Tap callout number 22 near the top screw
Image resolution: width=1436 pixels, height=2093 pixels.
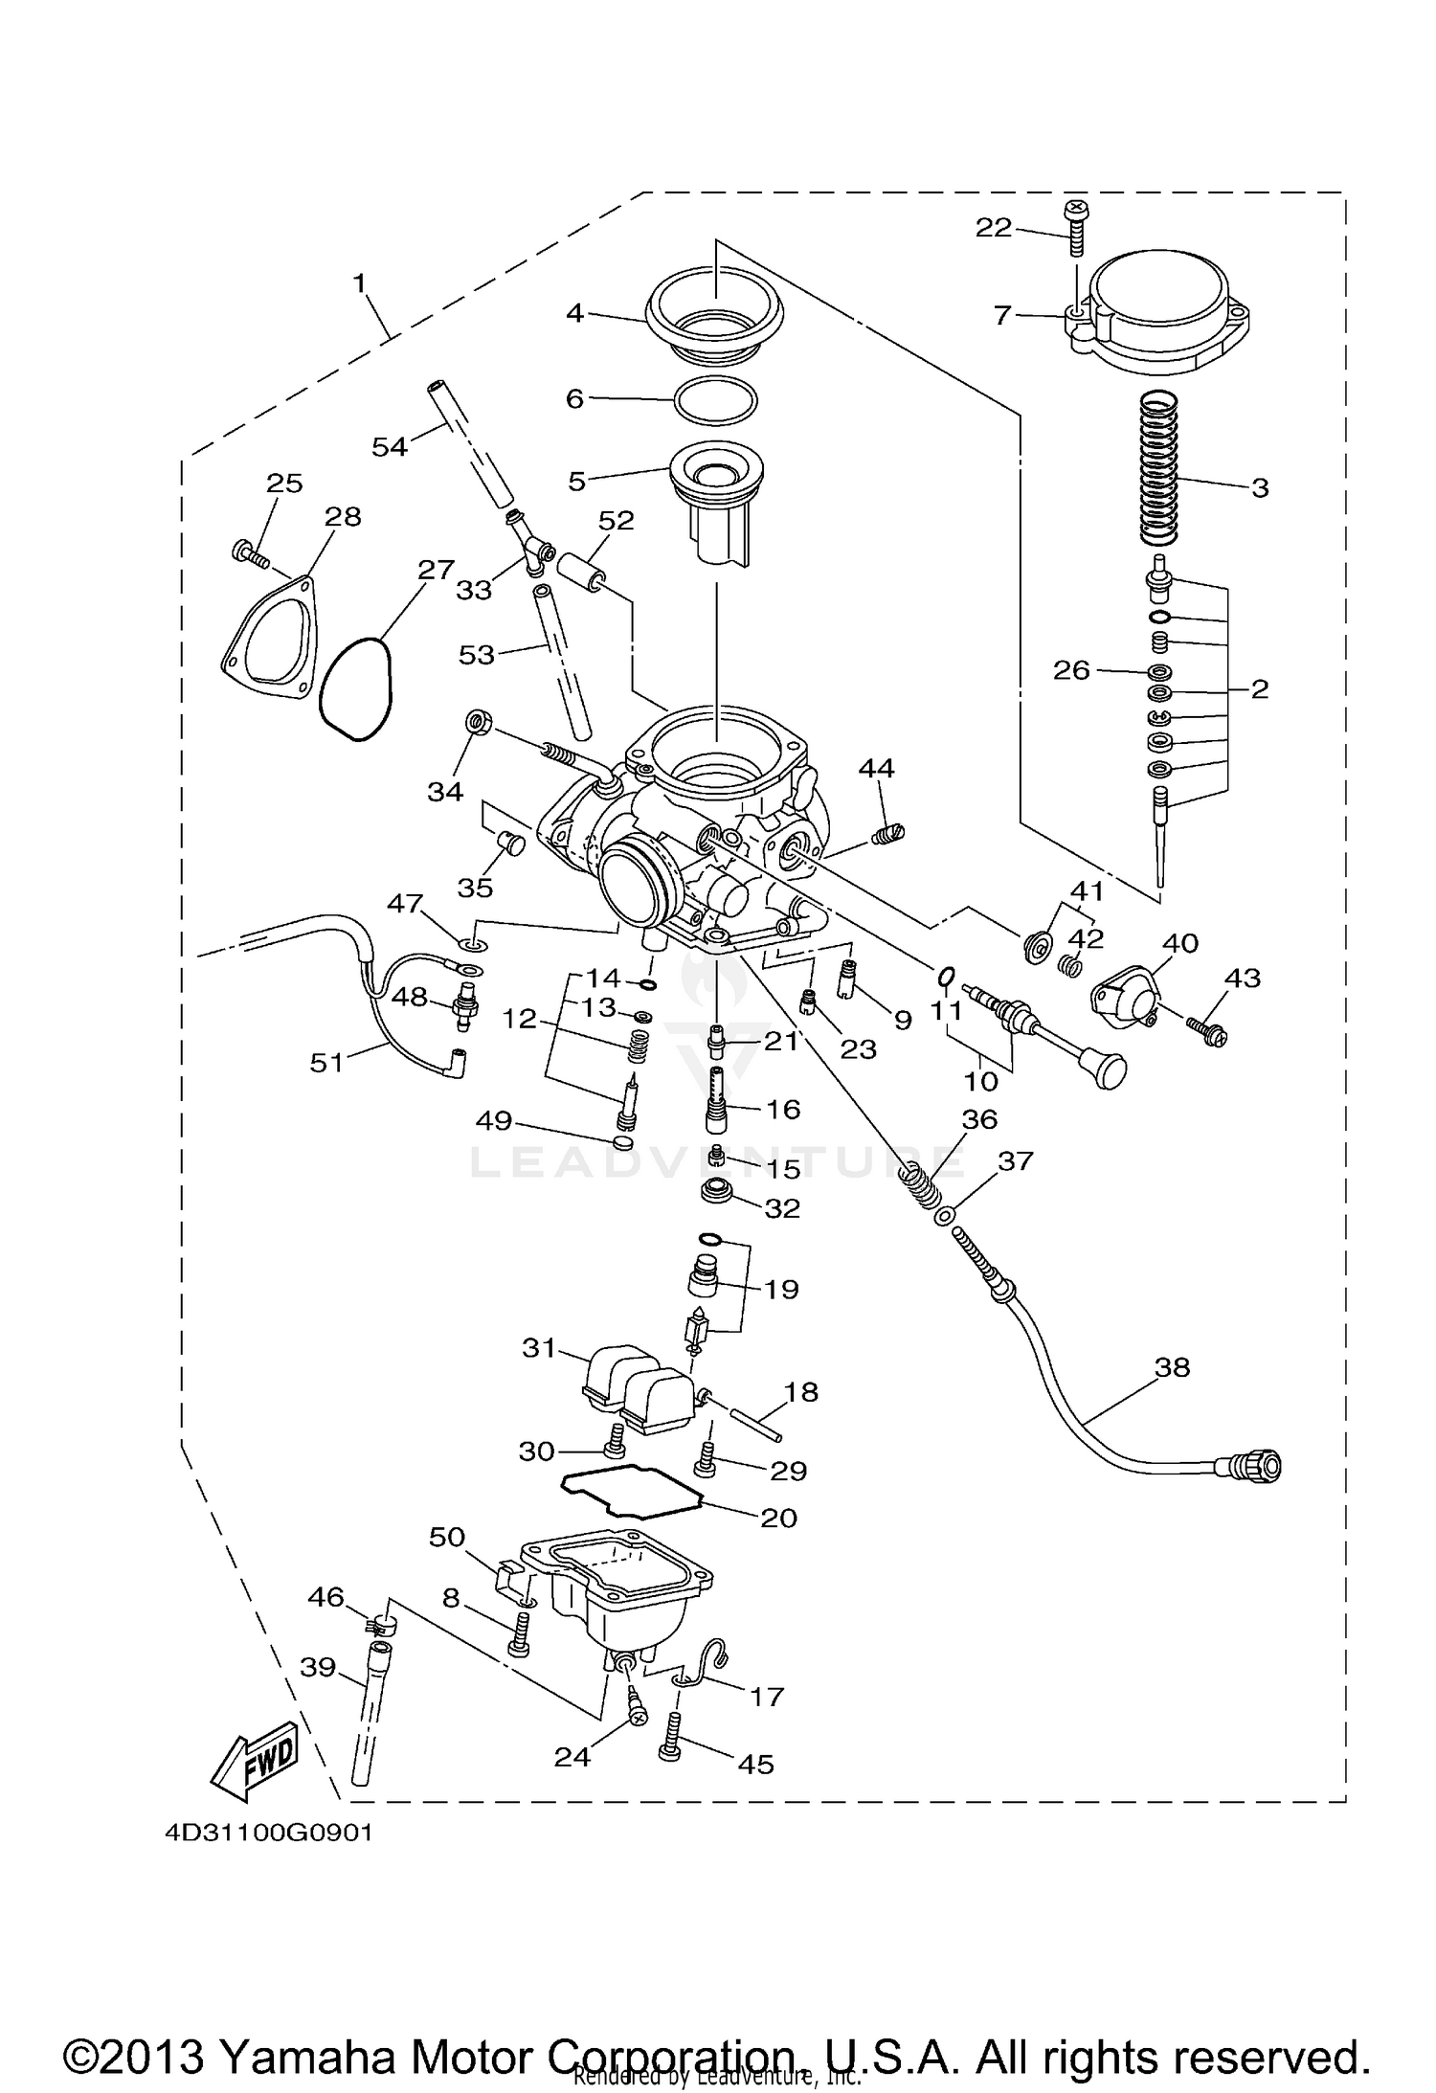[993, 227]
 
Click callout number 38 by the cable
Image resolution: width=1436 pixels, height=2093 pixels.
[1172, 1367]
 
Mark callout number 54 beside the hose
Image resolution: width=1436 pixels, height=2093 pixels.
[389, 446]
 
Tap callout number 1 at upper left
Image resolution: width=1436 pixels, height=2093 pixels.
[359, 283]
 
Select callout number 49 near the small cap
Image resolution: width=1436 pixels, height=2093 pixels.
[494, 1120]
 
